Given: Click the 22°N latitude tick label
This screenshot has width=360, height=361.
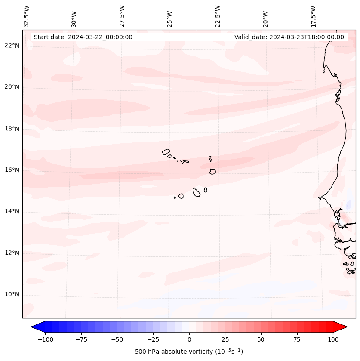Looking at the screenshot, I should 12,46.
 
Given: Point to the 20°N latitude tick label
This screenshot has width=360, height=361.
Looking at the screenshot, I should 12,87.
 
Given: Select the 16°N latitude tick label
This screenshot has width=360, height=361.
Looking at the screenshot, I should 12,170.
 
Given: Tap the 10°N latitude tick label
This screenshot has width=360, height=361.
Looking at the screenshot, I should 12,294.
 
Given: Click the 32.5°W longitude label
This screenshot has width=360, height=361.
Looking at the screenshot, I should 27,16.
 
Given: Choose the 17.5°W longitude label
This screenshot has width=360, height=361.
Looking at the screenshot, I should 313,16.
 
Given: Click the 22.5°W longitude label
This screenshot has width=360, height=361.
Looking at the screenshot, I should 218,16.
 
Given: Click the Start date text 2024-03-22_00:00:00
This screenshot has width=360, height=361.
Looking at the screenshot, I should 83,37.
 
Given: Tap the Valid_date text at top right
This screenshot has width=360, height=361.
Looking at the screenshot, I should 289,37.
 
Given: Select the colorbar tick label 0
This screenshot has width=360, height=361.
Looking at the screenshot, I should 189,339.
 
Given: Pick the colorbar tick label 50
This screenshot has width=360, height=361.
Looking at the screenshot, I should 261,339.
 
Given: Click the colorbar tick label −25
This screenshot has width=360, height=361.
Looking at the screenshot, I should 153,339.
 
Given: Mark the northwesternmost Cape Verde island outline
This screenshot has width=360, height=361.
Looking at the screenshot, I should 166,151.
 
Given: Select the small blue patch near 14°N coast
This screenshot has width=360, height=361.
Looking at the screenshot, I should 348,205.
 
